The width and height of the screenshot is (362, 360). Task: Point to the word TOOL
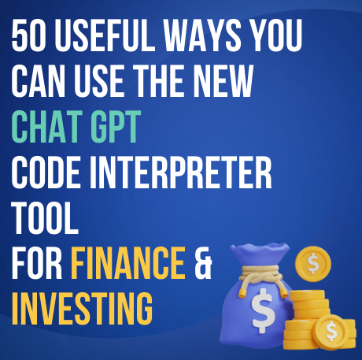pos(46,216)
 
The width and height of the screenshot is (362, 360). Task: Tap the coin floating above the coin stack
pos(312,263)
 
